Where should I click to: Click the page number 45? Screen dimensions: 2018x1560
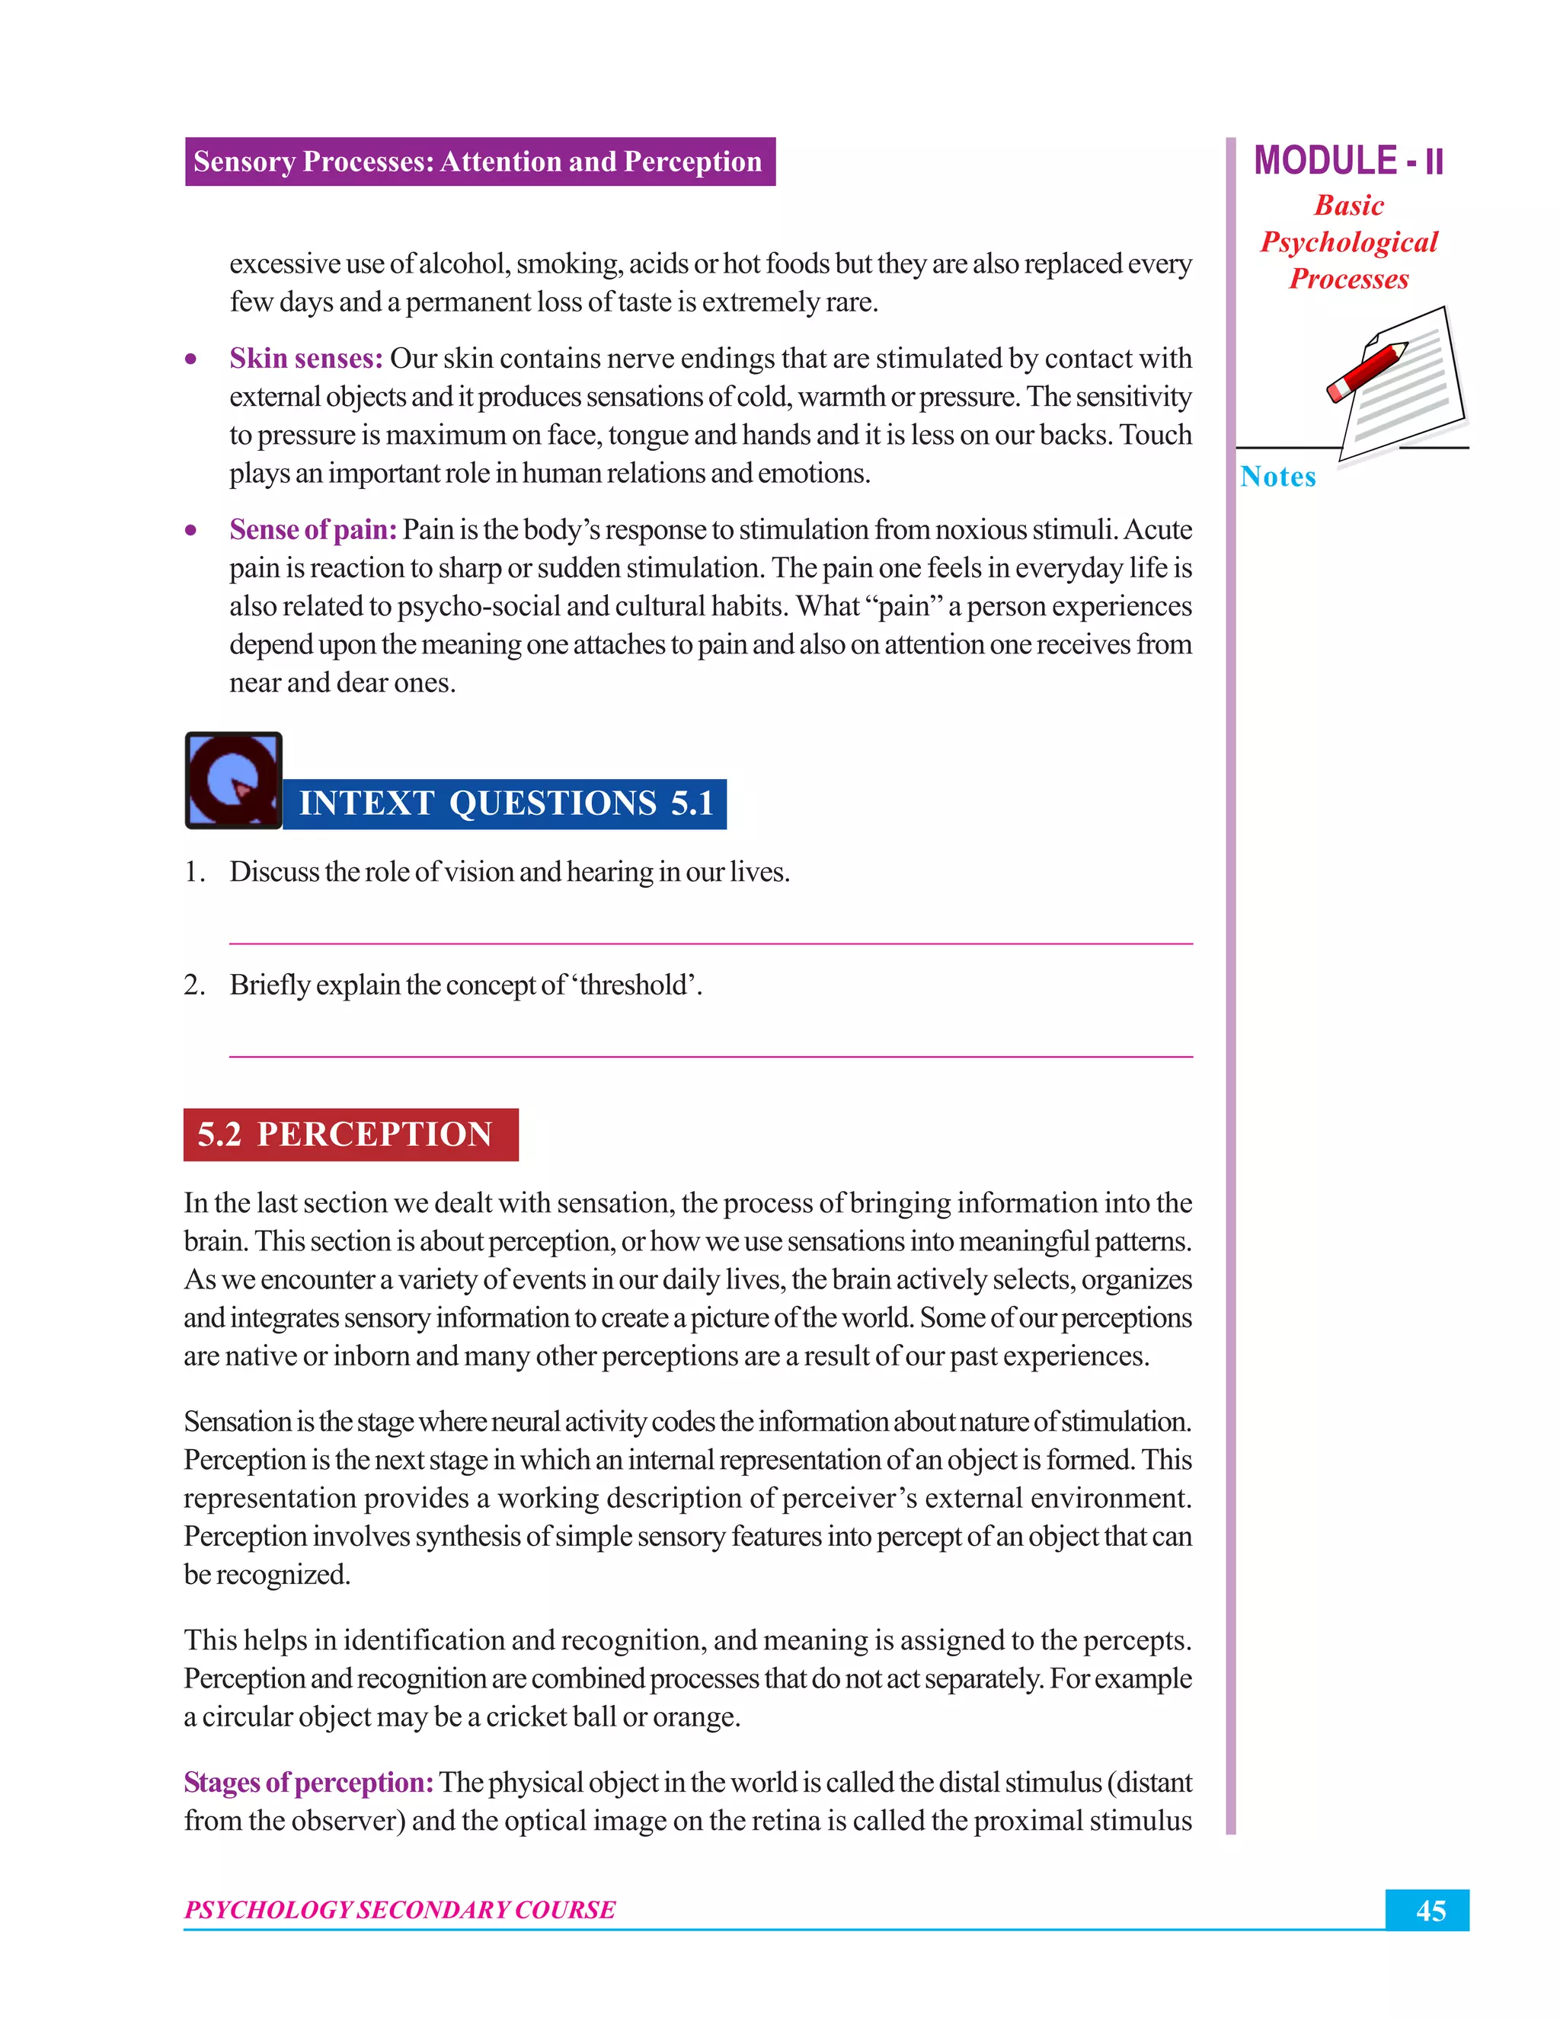pyautogui.click(x=1430, y=1911)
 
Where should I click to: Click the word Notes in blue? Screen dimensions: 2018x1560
pyautogui.click(x=1277, y=477)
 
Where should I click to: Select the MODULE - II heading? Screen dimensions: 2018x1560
pyautogui.click(x=1347, y=161)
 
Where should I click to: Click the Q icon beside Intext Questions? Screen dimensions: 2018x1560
pyautogui.click(x=233, y=780)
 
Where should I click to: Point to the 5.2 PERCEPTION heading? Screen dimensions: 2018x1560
pyautogui.click(x=350, y=1134)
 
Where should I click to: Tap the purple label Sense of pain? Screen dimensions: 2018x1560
pyautogui.click(x=312, y=529)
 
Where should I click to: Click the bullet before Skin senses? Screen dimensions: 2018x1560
pyautogui.click(x=190, y=359)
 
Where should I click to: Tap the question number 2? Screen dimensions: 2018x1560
pyautogui.click(x=193, y=985)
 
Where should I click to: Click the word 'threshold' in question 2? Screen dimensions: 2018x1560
pyautogui.click(x=638, y=985)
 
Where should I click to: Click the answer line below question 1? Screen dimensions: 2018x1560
pyautogui.click(x=710, y=943)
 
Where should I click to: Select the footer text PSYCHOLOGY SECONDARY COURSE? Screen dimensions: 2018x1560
pyautogui.click(x=399, y=1910)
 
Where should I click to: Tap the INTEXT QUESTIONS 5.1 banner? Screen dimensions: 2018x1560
pyautogui.click(x=506, y=803)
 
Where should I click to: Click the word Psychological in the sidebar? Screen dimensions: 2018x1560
pyautogui.click(x=1348, y=242)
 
